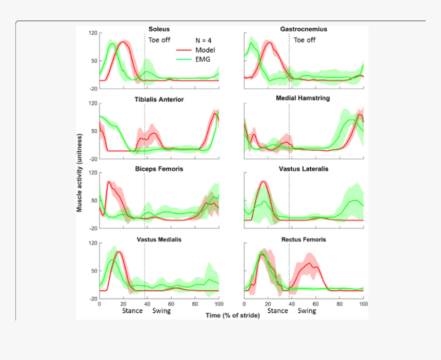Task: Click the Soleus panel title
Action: tap(159, 29)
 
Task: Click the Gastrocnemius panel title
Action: tap(304, 29)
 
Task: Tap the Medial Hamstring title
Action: tap(303, 98)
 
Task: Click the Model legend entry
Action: tap(205, 50)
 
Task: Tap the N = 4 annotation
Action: tap(205, 40)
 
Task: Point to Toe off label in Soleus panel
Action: tap(159, 39)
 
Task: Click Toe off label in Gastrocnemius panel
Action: tap(305, 39)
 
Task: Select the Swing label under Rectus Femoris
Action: tap(307, 310)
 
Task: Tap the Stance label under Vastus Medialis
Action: tap(132, 310)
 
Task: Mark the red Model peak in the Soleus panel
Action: tap(122, 42)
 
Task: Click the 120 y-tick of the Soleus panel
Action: tap(93, 33)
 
